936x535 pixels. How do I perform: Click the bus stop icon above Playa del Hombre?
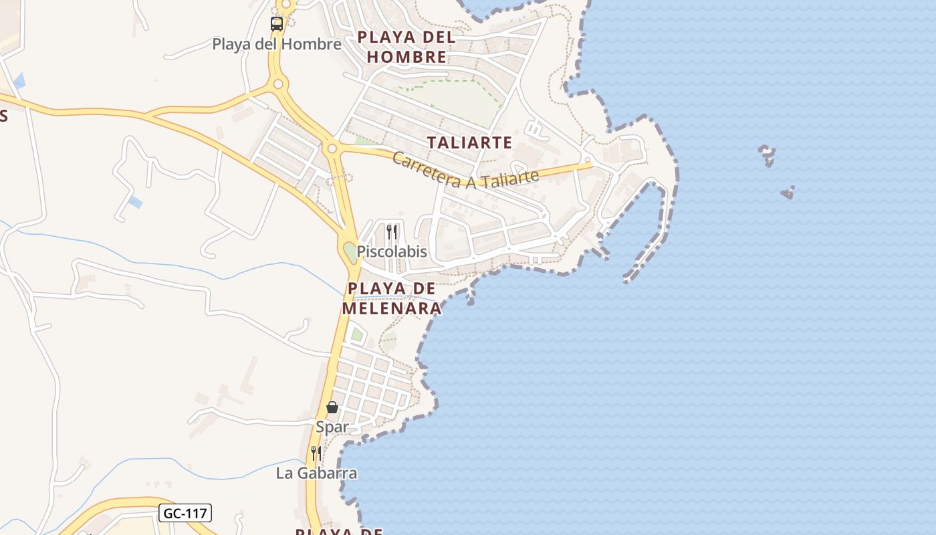pyautogui.click(x=277, y=24)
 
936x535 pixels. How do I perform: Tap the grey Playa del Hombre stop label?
pyautogui.click(x=277, y=44)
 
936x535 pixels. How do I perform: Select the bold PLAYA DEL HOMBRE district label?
pyautogui.click(x=406, y=47)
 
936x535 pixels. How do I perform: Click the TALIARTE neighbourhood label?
pyautogui.click(x=469, y=142)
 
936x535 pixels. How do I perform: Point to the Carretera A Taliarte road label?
pyautogui.click(x=465, y=170)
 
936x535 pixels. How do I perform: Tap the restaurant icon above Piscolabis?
pyautogui.click(x=392, y=232)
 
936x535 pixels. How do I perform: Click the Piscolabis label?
pyautogui.click(x=392, y=252)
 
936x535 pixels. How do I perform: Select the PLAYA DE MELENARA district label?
pyautogui.click(x=392, y=298)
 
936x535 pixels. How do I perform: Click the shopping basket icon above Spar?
pyautogui.click(x=332, y=407)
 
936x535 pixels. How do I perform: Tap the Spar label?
pyautogui.click(x=332, y=427)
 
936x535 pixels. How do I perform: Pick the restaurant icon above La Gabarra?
pyautogui.click(x=316, y=453)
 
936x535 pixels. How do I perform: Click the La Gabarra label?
pyautogui.click(x=316, y=473)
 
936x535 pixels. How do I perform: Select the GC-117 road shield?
pyautogui.click(x=185, y=514)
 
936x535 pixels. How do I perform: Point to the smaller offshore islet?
pyautogui.click(x=788, y=193)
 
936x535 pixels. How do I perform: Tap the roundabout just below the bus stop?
pyautogui.click(x=279, y=84)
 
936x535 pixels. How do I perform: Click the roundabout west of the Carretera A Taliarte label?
pyautogui.click(x=332, y=148)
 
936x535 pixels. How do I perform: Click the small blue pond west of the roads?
pyautogui.click(x=136, y=202)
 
